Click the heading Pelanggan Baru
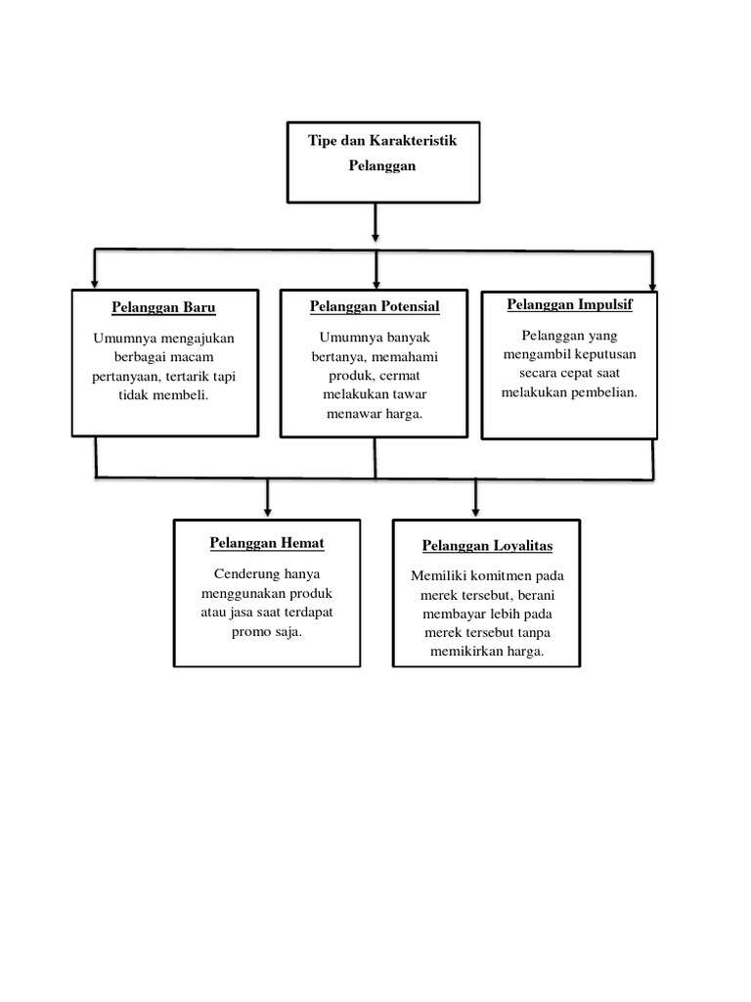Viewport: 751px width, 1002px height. tap(163, 307)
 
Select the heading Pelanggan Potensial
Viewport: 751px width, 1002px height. tap(375, 306)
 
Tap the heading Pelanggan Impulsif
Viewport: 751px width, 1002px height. tap(569, 304)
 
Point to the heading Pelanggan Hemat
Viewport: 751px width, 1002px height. tap(267, 542)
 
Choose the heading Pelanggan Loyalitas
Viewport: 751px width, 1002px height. tap(487, 545)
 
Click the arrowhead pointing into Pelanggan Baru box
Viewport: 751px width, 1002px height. tap(94, 282)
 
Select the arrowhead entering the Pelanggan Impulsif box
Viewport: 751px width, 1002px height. tap(652, 282)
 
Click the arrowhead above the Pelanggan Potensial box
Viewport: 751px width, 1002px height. tap(375, 282)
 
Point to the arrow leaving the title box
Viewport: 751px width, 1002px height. tap(375, 233)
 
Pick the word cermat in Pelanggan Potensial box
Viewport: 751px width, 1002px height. tap(402, 378)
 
